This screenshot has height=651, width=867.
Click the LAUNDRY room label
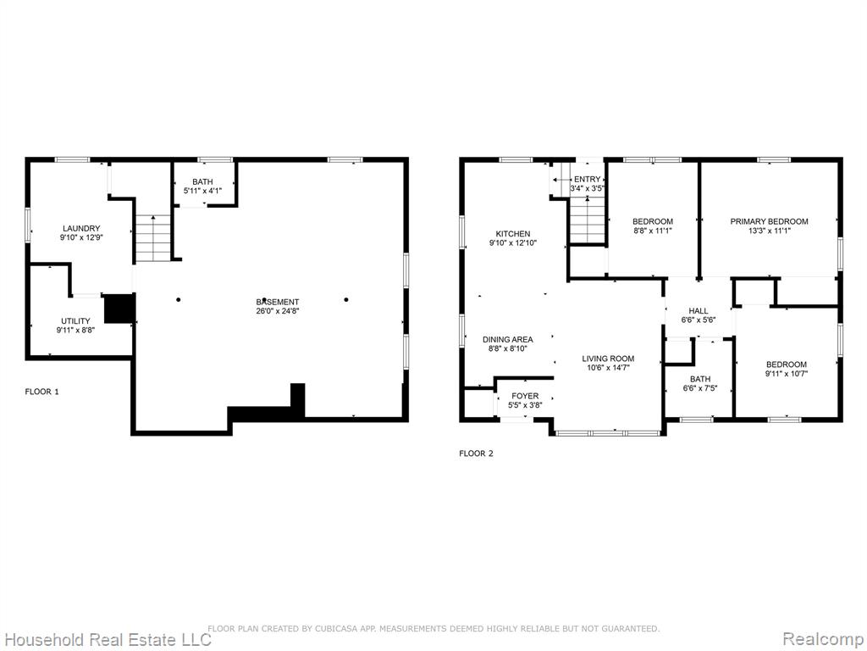click(x=81, y=228)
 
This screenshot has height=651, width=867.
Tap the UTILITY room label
click(x=75, y=321)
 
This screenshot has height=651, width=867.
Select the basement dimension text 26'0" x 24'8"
click(x=278, y=310)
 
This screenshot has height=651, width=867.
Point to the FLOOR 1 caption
click(x=42, y=392)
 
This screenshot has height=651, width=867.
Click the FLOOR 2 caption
click(x=476, y=453)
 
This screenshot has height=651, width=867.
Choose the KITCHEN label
click(x=513, y=234)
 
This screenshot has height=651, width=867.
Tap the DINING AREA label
click(x=508, y=339)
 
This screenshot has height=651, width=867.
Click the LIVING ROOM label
click(x=608, y=359)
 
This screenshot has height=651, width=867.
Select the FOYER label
click(x=525, y=396)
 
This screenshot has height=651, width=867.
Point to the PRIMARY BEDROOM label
click(x=769, y=221)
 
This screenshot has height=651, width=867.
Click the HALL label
click(x=699, y=311)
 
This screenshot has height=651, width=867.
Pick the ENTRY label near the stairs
click(x=588, y=180)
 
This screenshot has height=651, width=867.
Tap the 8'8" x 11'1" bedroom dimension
click(x=653, y=231)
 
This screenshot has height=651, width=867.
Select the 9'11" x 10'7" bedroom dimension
click(x=787, y=373)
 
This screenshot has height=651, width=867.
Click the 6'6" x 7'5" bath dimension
click(x=700, y=388)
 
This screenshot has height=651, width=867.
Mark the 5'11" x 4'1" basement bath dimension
click(x=202, y=191)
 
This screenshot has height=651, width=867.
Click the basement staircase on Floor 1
click(x=152, y=238)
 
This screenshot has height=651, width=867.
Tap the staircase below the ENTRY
click(x=588, y=220)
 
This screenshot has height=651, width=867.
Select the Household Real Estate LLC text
click(x=106, y=639)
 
